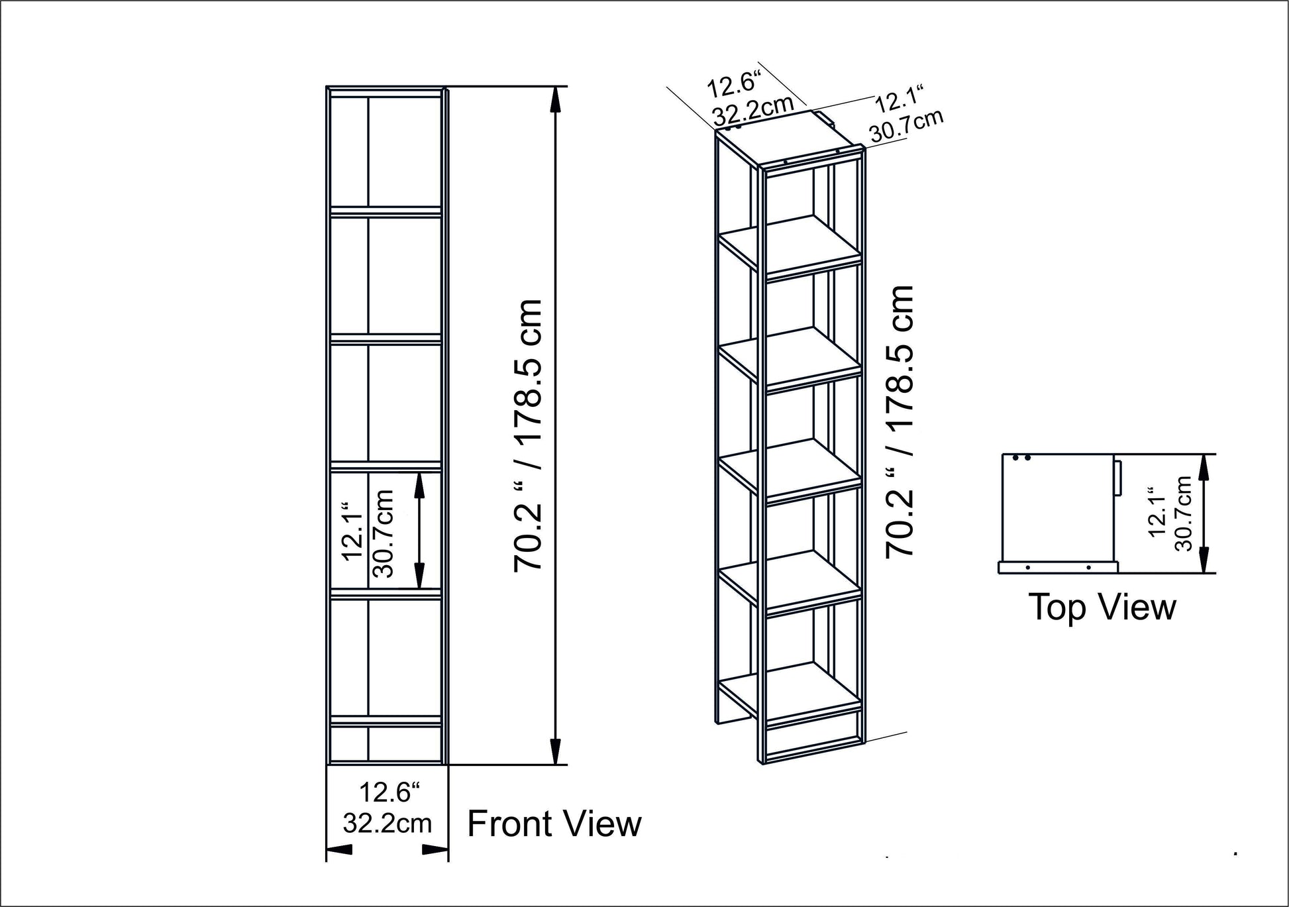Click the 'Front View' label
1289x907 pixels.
pos(554,824)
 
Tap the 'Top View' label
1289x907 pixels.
pos(1102,606)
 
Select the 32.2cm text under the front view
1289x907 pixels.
pos(387,824)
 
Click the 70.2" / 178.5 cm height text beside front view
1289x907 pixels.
pos(529,434)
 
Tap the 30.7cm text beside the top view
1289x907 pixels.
pos(1183,513)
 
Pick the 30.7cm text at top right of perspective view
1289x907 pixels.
pos(906,127)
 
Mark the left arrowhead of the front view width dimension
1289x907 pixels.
pos(340,849)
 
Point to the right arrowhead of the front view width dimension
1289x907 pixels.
pos(435,849)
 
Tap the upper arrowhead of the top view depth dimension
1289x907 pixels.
pos(1204,467)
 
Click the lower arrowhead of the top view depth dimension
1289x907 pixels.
pos(1204,560)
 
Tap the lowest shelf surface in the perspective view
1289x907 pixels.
pos(792,689)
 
